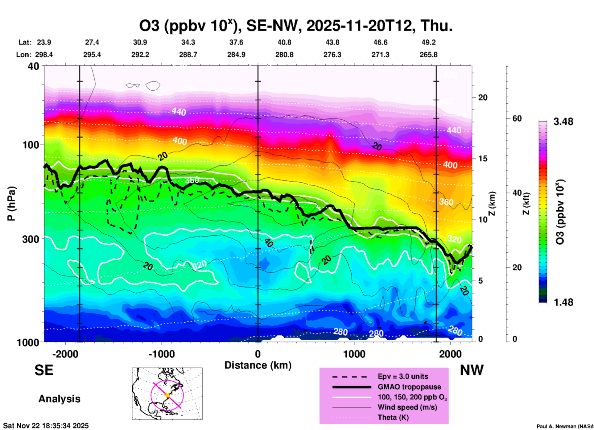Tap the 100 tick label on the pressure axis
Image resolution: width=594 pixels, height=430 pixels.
(31, 145)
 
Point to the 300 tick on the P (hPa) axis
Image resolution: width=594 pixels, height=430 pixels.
(31, 239)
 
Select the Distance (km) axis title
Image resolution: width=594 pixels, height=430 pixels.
(258, 365)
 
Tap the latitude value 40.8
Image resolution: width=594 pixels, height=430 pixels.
(284, 42)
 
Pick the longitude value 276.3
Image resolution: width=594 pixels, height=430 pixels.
(332, 55)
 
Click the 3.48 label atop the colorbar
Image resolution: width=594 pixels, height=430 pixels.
(563, 122)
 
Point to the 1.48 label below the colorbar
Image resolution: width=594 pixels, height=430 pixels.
(563, 302)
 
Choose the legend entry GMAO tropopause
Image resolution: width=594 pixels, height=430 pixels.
(409, 387)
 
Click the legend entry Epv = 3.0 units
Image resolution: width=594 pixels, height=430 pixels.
(403, 376)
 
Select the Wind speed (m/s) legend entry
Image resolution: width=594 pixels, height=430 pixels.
(407, 407)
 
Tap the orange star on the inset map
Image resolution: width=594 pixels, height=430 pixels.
(167, 395)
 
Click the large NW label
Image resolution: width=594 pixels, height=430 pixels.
(472, 370)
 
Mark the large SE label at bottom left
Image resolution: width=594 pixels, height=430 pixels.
(44, 370)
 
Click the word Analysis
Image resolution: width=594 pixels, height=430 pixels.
(59, 399)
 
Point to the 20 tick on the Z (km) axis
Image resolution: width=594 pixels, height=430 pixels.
(483, 97)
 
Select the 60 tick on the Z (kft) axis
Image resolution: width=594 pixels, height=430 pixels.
(517, 118)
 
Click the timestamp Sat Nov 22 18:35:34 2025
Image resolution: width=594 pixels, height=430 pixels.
(46, 426)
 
